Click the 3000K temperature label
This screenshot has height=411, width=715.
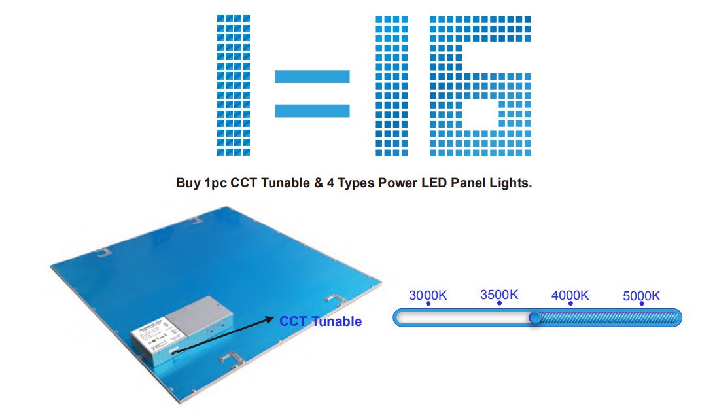pos(428,295)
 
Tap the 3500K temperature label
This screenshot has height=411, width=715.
pos(499,295)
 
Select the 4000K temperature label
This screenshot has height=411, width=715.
pos(570,295)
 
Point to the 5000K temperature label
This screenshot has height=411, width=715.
pos(642,296)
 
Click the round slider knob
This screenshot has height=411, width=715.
pos(535,318)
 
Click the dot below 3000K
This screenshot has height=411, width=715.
pos(428,304)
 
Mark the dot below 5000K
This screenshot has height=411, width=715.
pos(642,304)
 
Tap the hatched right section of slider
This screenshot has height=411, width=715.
pos(608,318)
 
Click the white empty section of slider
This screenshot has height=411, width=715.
pos(464,318)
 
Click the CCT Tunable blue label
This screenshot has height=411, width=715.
pos(321,321)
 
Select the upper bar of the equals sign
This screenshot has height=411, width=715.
pos(313,77)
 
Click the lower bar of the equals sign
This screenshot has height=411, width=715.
pos(313,111)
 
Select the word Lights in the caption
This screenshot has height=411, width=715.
pos(510,183)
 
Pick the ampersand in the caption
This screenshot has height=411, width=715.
pos(319,183)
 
